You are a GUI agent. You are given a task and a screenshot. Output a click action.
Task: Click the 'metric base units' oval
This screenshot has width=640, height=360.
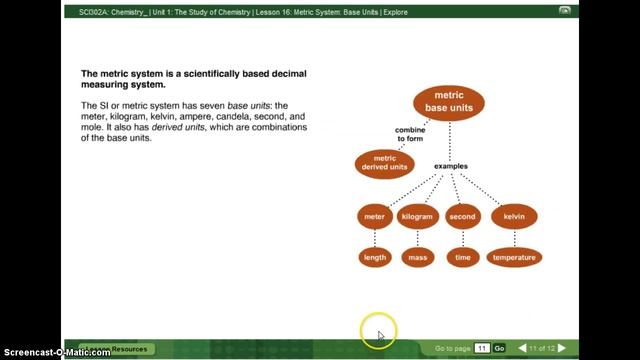point(449,102)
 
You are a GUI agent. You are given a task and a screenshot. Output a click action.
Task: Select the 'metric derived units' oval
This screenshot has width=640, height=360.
point(384,163)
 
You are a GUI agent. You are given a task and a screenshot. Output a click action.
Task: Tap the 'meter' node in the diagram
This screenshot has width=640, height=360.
point(374,217)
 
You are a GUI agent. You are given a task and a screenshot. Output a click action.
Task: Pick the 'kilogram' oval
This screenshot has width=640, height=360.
point(417,217)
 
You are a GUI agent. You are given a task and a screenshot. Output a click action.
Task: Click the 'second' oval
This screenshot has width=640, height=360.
point(462,217)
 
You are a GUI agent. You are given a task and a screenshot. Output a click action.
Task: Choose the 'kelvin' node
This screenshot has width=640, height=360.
point(514,217)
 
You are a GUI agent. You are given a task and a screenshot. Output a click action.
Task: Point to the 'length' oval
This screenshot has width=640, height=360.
point(374,258)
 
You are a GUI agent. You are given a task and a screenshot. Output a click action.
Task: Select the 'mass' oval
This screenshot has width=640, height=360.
point(417,258)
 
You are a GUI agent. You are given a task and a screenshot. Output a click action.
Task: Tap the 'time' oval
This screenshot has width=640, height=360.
point(462,258)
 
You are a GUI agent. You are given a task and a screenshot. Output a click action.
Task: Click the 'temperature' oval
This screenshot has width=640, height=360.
point(514,258)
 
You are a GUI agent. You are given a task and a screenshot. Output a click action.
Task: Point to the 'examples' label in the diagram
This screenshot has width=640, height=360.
point(451,166)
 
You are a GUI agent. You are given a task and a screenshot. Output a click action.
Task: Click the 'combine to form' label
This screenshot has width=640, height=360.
point(410,134)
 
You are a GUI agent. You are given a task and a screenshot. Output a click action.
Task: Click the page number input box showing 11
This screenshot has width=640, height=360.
point(481,348)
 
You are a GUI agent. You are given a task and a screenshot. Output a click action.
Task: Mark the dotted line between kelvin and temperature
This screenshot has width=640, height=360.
point(514,238)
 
